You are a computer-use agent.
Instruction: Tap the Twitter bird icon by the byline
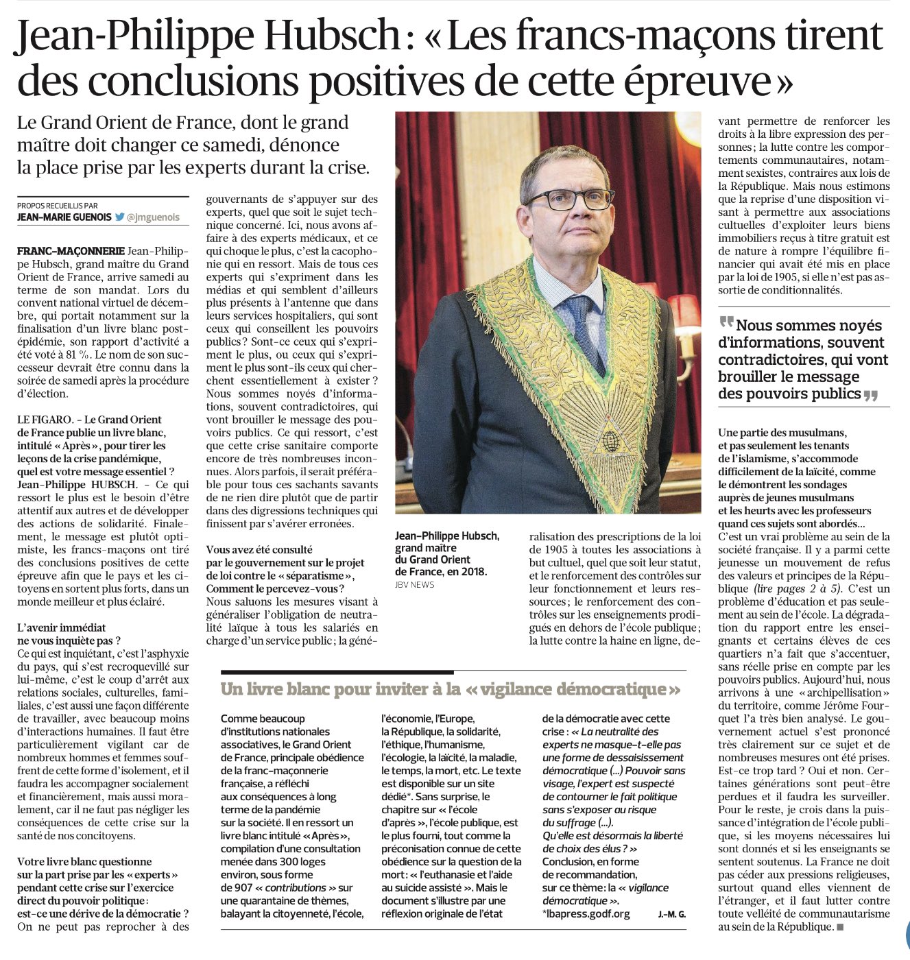(120, 217)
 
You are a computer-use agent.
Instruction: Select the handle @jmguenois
(153, 217)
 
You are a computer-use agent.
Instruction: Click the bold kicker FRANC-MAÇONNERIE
(71, 251)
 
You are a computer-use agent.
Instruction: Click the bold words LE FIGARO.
(45, 420)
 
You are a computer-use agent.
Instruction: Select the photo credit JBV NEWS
(414, 584)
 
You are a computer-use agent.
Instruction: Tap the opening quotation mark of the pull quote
(726, 323)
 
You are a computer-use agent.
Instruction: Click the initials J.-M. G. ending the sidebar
(671, 915)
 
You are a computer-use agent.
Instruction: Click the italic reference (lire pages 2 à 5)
(798, 588)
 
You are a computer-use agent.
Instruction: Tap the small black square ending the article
(840, 927)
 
